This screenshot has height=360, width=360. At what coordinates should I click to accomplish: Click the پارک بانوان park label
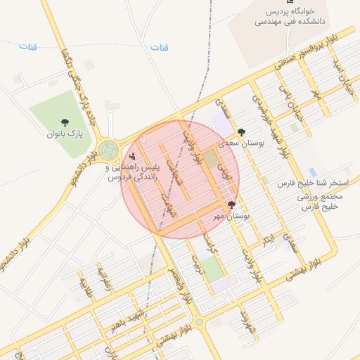65,133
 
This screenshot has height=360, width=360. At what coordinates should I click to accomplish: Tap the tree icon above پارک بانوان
65,122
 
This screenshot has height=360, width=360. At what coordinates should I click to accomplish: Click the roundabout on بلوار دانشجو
108,149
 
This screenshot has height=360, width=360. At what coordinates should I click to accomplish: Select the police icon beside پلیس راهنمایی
132,156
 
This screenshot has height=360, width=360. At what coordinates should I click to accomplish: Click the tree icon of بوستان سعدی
242,131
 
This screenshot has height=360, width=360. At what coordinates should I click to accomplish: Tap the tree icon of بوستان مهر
232,204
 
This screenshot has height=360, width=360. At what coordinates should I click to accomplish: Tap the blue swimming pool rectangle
313,172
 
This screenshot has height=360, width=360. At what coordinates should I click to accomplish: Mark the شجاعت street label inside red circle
176,170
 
